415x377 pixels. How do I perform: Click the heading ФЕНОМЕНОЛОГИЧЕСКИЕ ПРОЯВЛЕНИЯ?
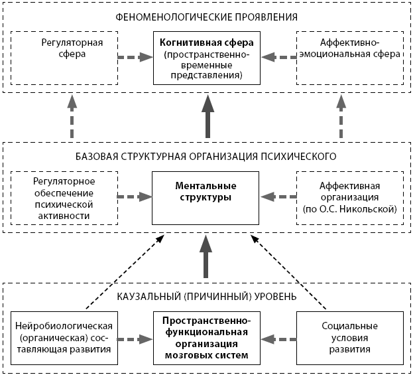pyautogui.click(x=206, y=16)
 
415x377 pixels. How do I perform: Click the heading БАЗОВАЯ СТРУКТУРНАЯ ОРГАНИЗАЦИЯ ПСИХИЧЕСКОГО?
pyautogui.click(x=207, y=157)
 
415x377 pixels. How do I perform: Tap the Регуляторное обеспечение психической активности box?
pyautogui.click(x=64, y=196)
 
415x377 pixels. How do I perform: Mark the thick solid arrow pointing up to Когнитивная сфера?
pyautogui.click(x=207, y=116)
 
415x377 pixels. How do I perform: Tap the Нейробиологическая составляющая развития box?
pyautogui.click(x=64, y=337)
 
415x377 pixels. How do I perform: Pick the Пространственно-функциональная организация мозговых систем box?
pyautogui.click(x=207, y=338)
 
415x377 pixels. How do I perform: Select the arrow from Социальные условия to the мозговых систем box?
pyautogui.click(x=278, y=338)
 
